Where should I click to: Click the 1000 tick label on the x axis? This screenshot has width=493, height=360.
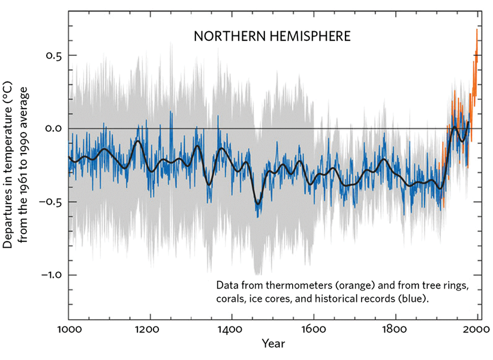(68, 329)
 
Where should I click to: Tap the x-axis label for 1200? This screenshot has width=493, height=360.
(151, 329)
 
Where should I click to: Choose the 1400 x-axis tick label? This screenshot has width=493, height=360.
(232, 329)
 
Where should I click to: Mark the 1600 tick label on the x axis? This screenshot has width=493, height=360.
(314, 329)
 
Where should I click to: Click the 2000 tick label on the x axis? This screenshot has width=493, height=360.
(477, 329)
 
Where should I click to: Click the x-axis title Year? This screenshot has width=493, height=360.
(272, 344)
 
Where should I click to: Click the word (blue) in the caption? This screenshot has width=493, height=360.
(415, 298)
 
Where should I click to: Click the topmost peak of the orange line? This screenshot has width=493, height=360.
(477, 30)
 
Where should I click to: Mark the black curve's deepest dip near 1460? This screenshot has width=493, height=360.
(258, 203)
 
